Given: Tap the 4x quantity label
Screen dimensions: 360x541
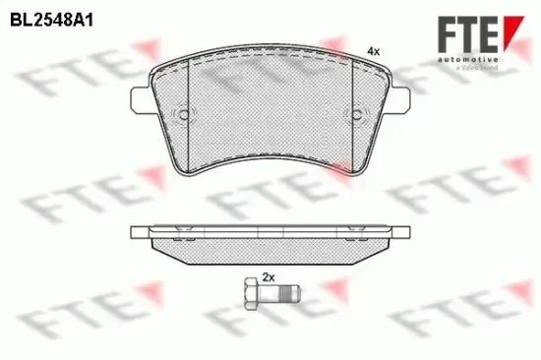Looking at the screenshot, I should [372, 49].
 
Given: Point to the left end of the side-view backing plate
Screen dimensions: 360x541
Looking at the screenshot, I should [134, 233].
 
